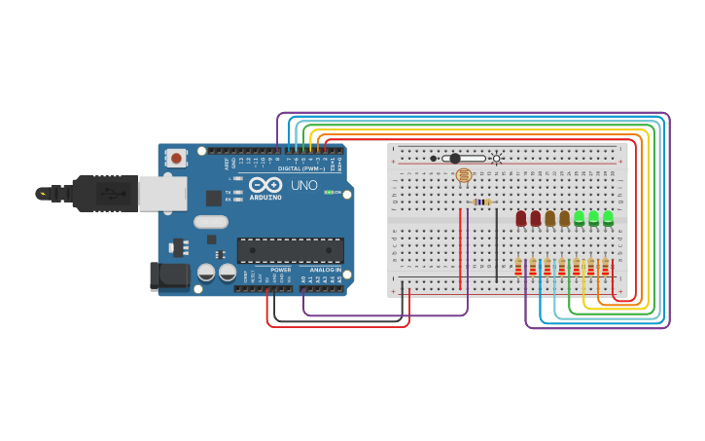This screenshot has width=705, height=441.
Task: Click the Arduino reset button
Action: coord(176,157)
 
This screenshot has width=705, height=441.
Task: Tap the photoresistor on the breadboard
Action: coord(464,176)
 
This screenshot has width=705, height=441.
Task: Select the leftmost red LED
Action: coord(521,218)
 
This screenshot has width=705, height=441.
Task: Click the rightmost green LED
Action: coord(609,218)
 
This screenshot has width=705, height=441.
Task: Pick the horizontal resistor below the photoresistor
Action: coord(481,202)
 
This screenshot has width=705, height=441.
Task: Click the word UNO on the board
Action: coord(304,185)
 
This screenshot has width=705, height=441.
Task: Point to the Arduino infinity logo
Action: coord(265,184)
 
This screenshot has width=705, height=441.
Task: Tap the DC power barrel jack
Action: coord(169,276)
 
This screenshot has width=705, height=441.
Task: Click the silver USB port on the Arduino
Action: coord(161,194)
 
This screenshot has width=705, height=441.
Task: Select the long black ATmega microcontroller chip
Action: coord(290,250)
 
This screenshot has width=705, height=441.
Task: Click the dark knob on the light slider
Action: coord(454,159)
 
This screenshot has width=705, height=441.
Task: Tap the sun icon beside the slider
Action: coord(496,159)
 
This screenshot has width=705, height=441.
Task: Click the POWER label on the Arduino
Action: coord(281,270)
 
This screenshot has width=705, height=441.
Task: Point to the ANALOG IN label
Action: coord(325,270)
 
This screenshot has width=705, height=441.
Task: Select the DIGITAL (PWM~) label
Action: coord(302,168)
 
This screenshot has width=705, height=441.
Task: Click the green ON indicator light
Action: coord(329,193)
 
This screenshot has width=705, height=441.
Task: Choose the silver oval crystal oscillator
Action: coord(211,222)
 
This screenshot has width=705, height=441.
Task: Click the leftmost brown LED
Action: coord(550,218)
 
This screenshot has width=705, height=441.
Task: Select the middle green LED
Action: coord(594,218)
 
